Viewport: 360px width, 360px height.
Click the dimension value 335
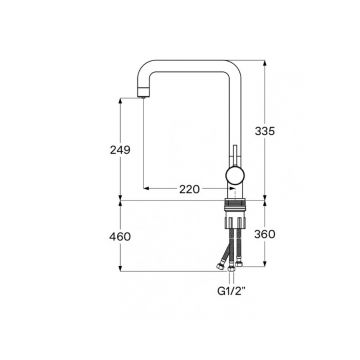[265, 131]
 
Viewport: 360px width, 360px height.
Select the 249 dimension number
[120, 150]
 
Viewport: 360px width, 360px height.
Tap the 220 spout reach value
[190, 189]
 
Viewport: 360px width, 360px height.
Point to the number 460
[120, 237]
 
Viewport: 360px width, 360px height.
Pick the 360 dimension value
[265, 235]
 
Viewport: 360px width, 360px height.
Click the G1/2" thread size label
[231, 291]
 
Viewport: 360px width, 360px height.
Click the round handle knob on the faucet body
[235, 175]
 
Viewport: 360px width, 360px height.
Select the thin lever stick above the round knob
[235, 155]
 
